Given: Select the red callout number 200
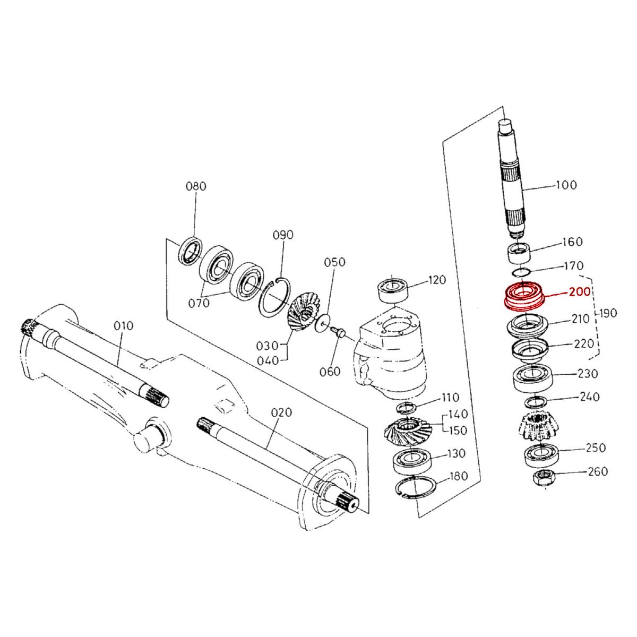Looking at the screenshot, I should pyautogui.click(x=579, y=292).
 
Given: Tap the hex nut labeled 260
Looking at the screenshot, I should pyautogui.click(x=543, y=476).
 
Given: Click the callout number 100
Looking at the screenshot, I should pyautogui.click(x=566, y=185).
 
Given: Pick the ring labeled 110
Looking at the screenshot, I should pyautogui.click(x=407, y=408).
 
